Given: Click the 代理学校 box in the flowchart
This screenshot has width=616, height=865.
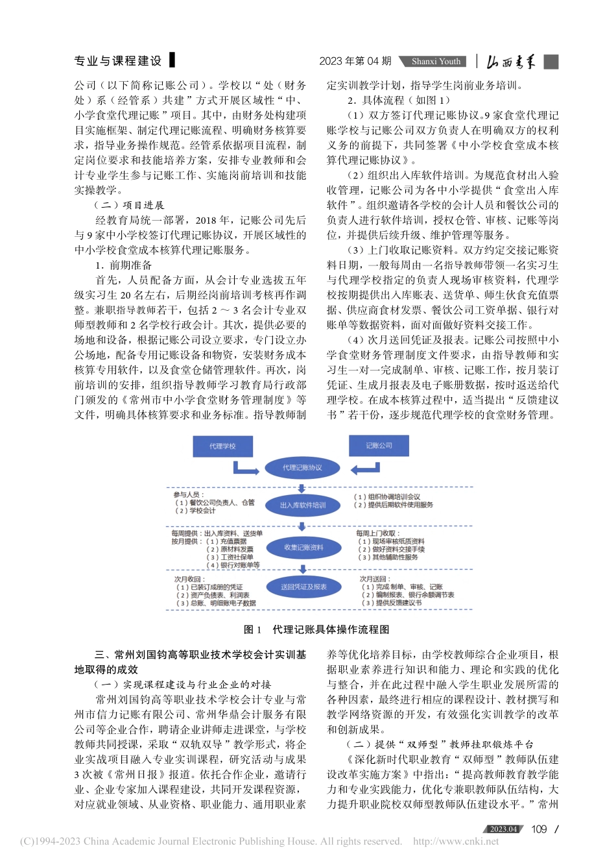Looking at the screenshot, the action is (x=222, y=446).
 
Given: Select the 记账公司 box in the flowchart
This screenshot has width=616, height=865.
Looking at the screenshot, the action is (x=379, y=446).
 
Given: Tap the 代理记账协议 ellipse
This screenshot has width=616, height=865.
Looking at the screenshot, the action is (x=302, y=468).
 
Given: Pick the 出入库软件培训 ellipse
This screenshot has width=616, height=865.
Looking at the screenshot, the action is (x=303, y=506).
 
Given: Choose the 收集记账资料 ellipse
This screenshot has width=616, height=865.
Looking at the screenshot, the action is (x=303, y=548).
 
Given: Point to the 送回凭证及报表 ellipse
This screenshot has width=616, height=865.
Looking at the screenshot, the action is (x=303, y=587).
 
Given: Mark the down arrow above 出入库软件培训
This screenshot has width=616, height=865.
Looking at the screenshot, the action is (x=303, y=488).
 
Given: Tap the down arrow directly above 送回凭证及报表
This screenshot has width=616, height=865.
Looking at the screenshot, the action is (x=303, y=569).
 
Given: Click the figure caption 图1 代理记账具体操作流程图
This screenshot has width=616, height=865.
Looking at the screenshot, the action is (x=316, y=629).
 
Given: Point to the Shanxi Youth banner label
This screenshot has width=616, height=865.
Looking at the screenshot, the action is (x=436, y=62).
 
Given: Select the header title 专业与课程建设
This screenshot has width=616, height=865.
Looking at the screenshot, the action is (x=119, y=61).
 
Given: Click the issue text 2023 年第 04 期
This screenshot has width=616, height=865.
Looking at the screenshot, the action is (x=355, y=61).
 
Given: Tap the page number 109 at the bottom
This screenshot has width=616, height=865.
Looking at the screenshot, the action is (x=539, y=829).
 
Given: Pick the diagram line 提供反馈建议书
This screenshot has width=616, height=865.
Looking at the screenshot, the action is (x=396, y=603).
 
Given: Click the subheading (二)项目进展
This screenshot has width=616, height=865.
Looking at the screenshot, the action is (x=130, y=205).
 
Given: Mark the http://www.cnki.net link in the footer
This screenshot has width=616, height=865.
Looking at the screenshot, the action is (x=456, y=842).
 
